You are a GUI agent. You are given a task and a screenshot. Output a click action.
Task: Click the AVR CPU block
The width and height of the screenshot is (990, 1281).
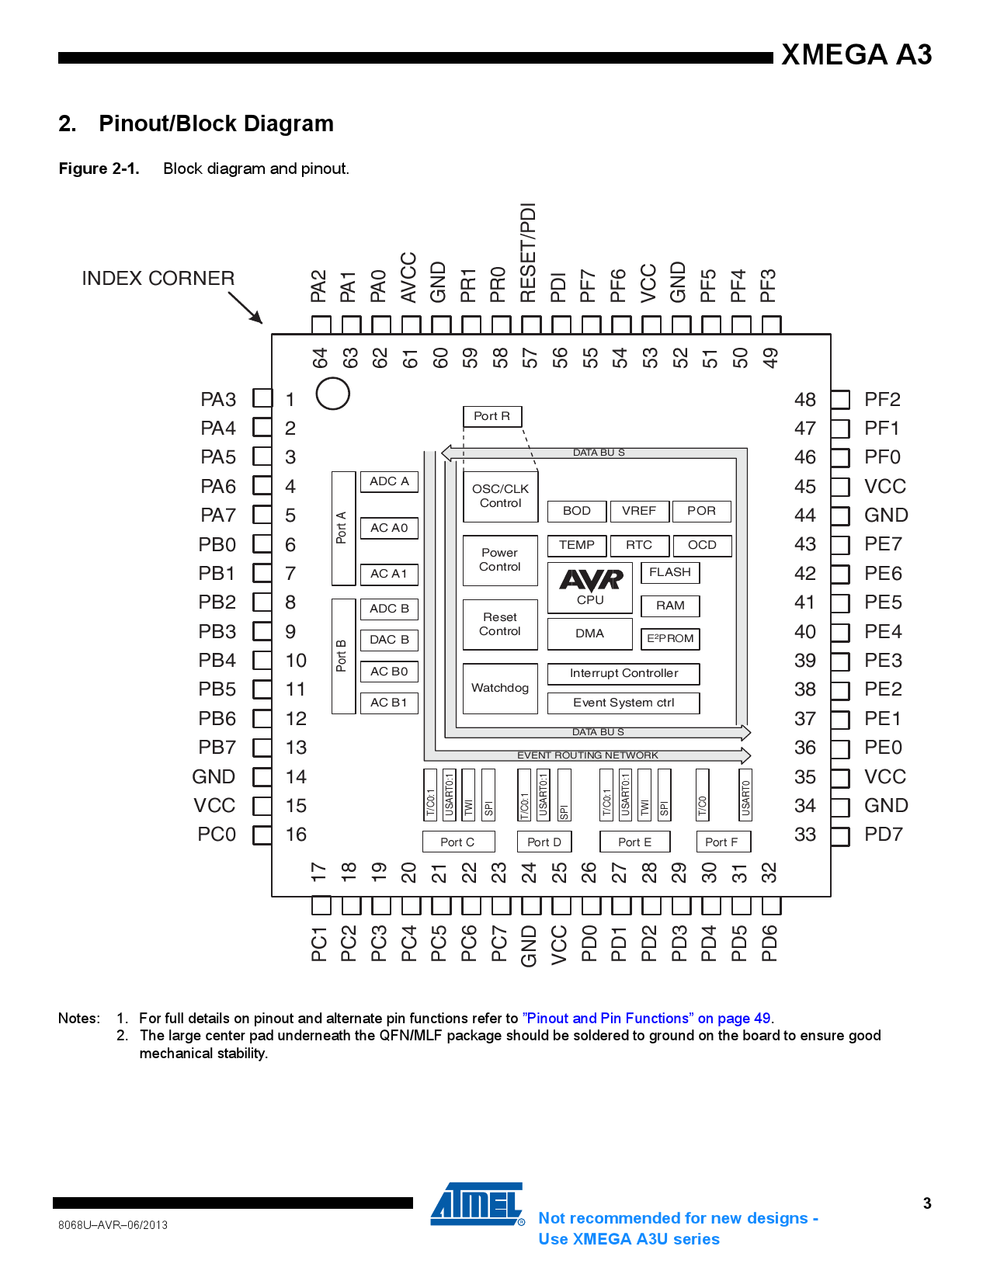tap(590, 588)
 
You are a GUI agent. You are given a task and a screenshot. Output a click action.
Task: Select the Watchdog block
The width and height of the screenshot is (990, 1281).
tap(500, 688)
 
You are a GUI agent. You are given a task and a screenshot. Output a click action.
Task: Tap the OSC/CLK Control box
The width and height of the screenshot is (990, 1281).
tap(500, 496)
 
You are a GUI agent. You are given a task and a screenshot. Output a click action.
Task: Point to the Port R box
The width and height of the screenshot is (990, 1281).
tap(492, 416)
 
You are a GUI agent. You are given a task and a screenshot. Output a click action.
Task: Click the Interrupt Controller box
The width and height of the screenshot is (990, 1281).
tap(624, 673)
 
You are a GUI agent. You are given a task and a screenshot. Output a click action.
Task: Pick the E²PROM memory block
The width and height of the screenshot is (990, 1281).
tap(670, 638)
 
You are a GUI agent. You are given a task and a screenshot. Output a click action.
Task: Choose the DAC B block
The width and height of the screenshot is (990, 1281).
tap(389, 640)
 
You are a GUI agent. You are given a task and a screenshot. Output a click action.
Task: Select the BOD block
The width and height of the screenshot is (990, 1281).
tap(576, 511)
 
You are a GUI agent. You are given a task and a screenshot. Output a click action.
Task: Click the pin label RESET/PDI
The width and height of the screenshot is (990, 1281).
tap(529, 252)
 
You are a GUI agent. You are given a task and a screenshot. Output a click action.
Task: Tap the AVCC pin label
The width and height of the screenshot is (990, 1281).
tap(409, 277)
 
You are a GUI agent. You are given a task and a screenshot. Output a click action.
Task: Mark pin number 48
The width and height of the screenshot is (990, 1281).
tap(805, 400)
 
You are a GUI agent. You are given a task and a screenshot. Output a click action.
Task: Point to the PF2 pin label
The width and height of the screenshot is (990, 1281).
tap(882, 400)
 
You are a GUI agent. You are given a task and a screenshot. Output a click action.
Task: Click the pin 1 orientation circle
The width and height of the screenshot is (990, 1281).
tap(332, 394)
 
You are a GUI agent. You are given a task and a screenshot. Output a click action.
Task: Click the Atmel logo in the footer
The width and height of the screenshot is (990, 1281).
tap(478, 1204)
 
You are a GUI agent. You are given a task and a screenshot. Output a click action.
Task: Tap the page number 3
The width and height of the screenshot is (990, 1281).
tap(927, 1203)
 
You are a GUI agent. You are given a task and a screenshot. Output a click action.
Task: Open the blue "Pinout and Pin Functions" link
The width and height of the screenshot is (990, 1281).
tap(648, 1019)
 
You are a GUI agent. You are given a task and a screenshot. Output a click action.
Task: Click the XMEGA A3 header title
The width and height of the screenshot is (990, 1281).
tap(856, 54)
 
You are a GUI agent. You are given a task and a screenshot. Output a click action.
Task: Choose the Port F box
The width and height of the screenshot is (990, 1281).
tap(721, 842)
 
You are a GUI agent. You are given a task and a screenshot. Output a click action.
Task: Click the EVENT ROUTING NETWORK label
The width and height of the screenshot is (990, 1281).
tap(588, 755)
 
